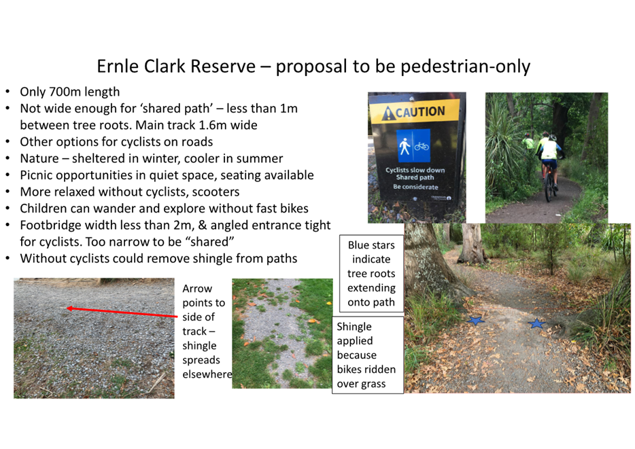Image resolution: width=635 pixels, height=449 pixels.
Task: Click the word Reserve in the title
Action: (223, 66)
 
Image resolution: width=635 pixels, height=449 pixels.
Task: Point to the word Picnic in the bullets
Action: (36, 175)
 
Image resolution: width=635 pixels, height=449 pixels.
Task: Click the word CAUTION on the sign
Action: (420, 111)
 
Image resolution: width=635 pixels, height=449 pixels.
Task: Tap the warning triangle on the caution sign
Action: (388, 113)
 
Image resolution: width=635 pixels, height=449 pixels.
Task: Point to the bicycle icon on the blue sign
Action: (422, 146)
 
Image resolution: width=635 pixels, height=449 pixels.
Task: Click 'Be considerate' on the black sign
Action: (415, 187)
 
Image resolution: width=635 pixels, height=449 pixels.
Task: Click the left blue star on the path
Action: (475, 321)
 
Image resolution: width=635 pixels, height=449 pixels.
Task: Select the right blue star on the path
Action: (537, 323)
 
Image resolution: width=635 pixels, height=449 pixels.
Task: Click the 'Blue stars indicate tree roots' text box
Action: (371, 274)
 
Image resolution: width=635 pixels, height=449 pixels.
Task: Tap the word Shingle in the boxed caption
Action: (354, 327)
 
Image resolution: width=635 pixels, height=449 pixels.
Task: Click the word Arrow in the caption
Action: (197, 289)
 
